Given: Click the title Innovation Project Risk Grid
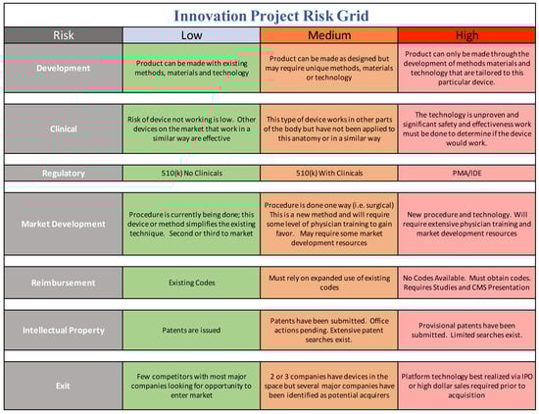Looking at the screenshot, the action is click(271, 16).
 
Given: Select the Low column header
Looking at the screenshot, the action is click(191, 35).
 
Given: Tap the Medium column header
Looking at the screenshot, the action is click(329, 35).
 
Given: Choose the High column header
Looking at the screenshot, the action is click(466, 35).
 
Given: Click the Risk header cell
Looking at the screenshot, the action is click(64, 35).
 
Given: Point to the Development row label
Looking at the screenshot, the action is click(64, 68).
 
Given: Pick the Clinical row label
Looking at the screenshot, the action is click(64, 129).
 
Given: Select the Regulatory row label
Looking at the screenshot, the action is click(64, 173).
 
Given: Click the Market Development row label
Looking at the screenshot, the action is click(64, 224).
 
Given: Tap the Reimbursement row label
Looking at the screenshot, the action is click(64, 283).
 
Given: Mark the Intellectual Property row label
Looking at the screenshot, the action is click(64, 331).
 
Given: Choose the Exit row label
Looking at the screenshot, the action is click(64, 386).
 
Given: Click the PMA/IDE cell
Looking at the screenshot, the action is click(466, 173).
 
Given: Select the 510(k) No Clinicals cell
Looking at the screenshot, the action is click(191, 173).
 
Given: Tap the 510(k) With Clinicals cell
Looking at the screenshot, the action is click(329, 173).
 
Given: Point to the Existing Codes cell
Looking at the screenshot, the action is click(191, 283).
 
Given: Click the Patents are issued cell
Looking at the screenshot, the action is click(191, 331).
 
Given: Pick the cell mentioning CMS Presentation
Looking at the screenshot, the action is click(466, 283).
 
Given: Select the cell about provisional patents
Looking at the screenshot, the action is click(466, 331).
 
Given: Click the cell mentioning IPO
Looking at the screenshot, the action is click(466, 386).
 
